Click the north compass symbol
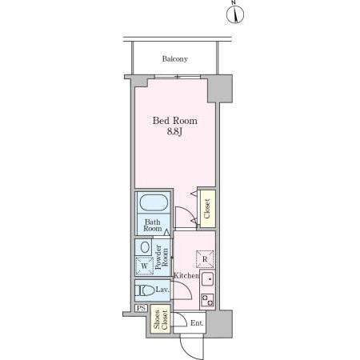(x=235, y=14)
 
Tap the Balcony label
(x=175, y=59)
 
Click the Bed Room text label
(x=175, y=121)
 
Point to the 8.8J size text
(x=174, y=132)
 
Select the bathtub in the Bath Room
(x=154, y=203)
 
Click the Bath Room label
(x=153, y=226)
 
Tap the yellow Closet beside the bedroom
(x=207, y=209)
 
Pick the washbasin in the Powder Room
(x=145, y=247)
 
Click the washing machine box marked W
(x=145, y=266)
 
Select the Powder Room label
(x=162, y=258)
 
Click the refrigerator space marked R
(x=205, y=259)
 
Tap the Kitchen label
(x=186, y=275)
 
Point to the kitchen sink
(x=207, y=279)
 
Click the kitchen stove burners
(x=207, y=300)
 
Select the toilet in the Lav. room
(x=145, y=290)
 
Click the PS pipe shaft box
(x=141, y=308)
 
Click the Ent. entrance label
(x=197, y=323)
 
